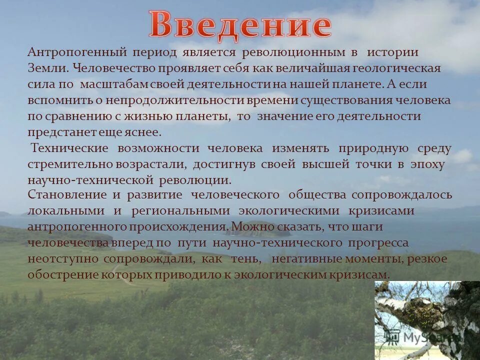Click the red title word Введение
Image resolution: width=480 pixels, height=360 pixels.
[240, 24]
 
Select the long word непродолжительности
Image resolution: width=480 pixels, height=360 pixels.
[167, 100]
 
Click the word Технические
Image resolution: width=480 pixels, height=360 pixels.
[70, 148]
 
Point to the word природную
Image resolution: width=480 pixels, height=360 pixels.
[373, 148]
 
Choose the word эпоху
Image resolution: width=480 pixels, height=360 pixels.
[427, 164]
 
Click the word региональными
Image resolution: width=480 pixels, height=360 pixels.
[181, 210]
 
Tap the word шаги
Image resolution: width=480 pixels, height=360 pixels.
[369, 226]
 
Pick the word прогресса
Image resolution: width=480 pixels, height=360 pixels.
[378, 242]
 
